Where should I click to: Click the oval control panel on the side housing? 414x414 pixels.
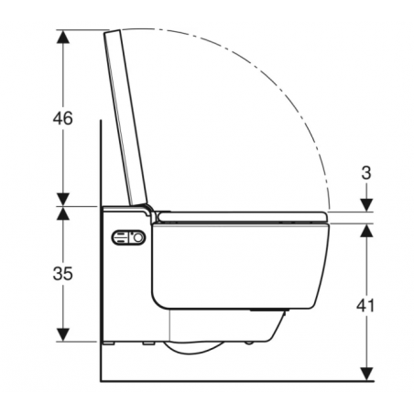tap(128, 239)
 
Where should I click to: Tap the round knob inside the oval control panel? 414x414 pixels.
tap(138, 239)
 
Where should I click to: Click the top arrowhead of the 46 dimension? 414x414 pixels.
tap(62, 36)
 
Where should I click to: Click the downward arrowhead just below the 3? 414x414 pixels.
tap(366, 205)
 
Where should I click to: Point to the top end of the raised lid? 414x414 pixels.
tap(114, 32)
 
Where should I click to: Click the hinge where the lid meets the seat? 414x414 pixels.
tap(149, 210)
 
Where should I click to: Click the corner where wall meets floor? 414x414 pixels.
tap(99, 378)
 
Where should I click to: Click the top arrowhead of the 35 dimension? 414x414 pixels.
tap(62, 212)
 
